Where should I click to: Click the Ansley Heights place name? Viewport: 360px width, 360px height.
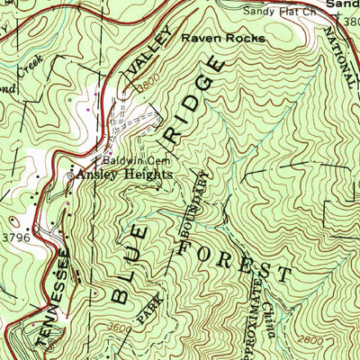tap(124, 175)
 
